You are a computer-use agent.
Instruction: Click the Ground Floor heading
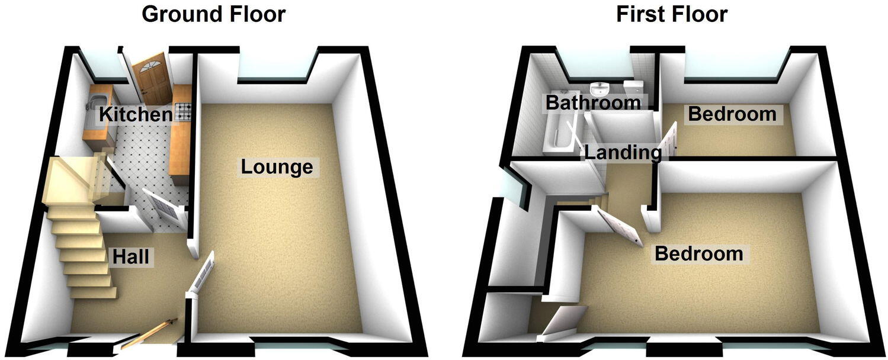click(213, 14)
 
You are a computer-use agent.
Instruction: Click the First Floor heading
click(671, 14)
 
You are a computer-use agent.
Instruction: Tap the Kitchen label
click(136, 114)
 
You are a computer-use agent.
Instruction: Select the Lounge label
click(277, 167)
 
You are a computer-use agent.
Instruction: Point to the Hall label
click(130, 256)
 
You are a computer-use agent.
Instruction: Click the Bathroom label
click(593, 102)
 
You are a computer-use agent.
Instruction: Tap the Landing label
click(623, 153)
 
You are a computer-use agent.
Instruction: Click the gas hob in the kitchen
click(181, 112)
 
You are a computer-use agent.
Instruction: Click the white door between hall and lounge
click(201, 275)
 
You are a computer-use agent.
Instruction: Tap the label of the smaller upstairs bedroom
click(732, 114)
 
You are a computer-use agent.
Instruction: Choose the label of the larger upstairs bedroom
click(698, 254)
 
